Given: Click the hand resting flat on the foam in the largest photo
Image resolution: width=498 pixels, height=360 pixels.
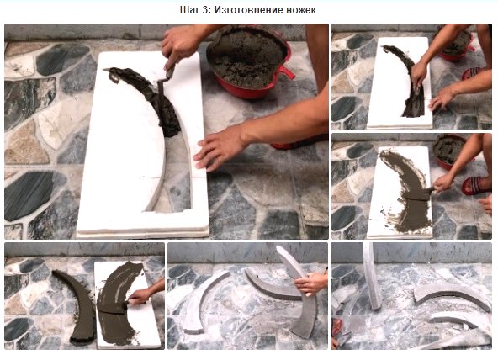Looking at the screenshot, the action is click(220, 148).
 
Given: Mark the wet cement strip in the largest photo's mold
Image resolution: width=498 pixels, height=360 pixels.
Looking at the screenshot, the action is click(149, 95).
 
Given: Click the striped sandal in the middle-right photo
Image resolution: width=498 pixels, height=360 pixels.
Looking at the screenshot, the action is click(475, 186).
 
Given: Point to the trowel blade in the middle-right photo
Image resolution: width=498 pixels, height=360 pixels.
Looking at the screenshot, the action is click(419, 193).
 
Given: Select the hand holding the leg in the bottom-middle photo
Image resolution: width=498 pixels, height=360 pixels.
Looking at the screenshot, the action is click(310, 283).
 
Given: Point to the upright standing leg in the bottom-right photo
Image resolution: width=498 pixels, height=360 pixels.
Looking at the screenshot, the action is click(372, 276).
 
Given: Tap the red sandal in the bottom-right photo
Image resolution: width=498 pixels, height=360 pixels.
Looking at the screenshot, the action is click(337, 327).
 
